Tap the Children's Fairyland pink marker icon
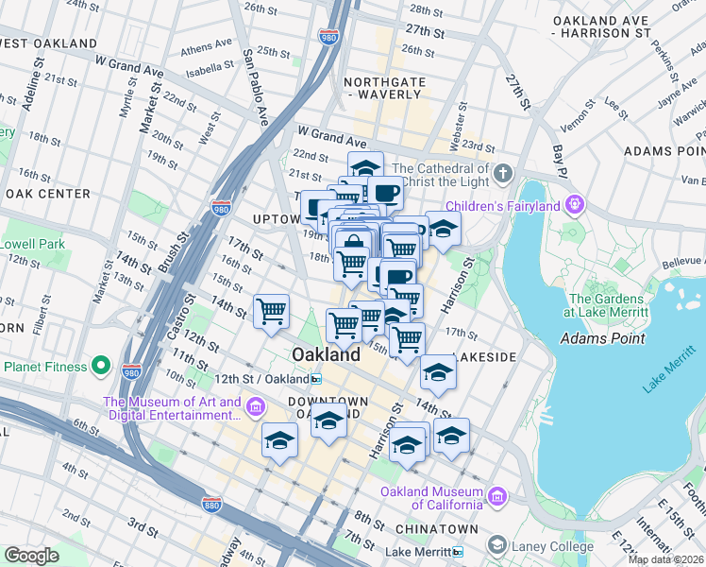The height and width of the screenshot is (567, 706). [x=574, y=205]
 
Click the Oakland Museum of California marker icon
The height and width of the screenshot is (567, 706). [x=497, y=494]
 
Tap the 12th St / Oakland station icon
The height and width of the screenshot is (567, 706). [x=316, y=379]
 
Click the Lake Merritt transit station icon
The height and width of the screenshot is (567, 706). [x=458, y=552]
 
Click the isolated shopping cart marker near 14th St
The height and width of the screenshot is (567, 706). [x=271, y=310]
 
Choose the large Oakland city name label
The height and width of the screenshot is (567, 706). [x=326, y=355]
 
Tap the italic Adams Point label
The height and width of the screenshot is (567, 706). [x=602, y=338]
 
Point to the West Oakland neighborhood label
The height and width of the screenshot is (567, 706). [x=49, y=43]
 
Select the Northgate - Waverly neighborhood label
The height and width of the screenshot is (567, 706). [x=382, y=88]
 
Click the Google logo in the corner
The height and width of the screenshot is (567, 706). [x=31, y=556]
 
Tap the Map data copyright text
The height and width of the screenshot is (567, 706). [x=664, y=559]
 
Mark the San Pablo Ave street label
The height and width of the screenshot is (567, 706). [x=256, y=86]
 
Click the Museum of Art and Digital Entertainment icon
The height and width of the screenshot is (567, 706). [x=255, y=407]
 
